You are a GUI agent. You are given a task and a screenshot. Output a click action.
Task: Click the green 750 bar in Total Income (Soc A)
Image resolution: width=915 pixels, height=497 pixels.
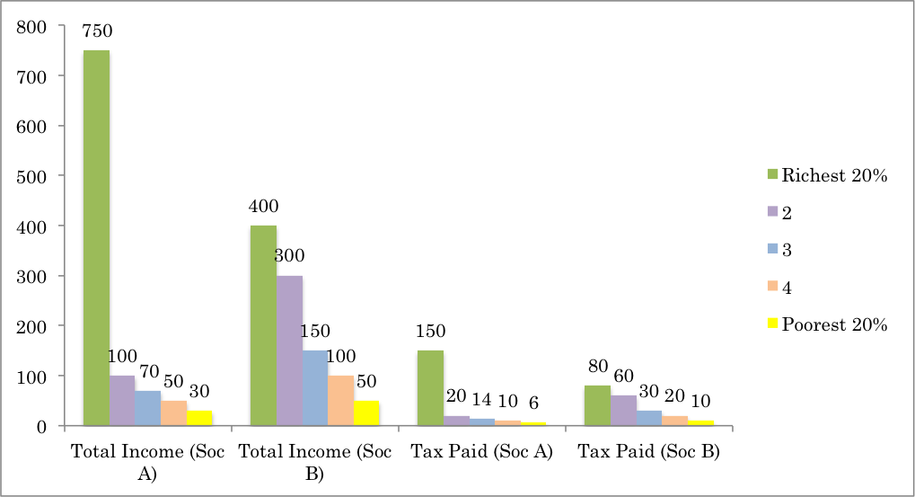click(96, 237)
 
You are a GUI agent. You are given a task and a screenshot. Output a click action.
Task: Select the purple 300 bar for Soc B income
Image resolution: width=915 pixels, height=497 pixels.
click(289, 351)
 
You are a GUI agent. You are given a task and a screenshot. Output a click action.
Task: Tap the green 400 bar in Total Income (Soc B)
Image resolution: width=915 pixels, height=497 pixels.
click(263, 325)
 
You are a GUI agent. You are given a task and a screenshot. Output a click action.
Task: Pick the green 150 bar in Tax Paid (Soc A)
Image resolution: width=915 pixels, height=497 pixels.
click(430, 387)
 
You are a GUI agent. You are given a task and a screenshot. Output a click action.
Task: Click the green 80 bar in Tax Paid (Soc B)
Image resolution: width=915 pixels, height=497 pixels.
click(597, 405)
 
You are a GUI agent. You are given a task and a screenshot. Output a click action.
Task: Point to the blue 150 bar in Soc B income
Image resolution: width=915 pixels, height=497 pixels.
click(315, 387)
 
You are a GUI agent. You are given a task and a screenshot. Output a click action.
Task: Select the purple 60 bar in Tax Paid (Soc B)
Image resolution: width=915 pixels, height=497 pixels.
click(623, 410)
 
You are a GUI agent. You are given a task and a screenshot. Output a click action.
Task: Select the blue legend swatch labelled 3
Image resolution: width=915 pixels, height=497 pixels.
click(771, 250)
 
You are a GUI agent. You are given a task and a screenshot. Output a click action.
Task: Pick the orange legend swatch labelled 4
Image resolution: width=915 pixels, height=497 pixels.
click(771, 288)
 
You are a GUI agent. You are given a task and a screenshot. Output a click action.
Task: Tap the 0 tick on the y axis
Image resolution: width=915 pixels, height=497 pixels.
click(40, 426)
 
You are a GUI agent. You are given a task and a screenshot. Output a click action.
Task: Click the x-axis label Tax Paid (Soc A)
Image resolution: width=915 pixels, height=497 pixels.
click(482, 451)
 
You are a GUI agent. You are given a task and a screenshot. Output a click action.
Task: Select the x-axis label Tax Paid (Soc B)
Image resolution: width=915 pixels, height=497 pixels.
click(649, 451)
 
